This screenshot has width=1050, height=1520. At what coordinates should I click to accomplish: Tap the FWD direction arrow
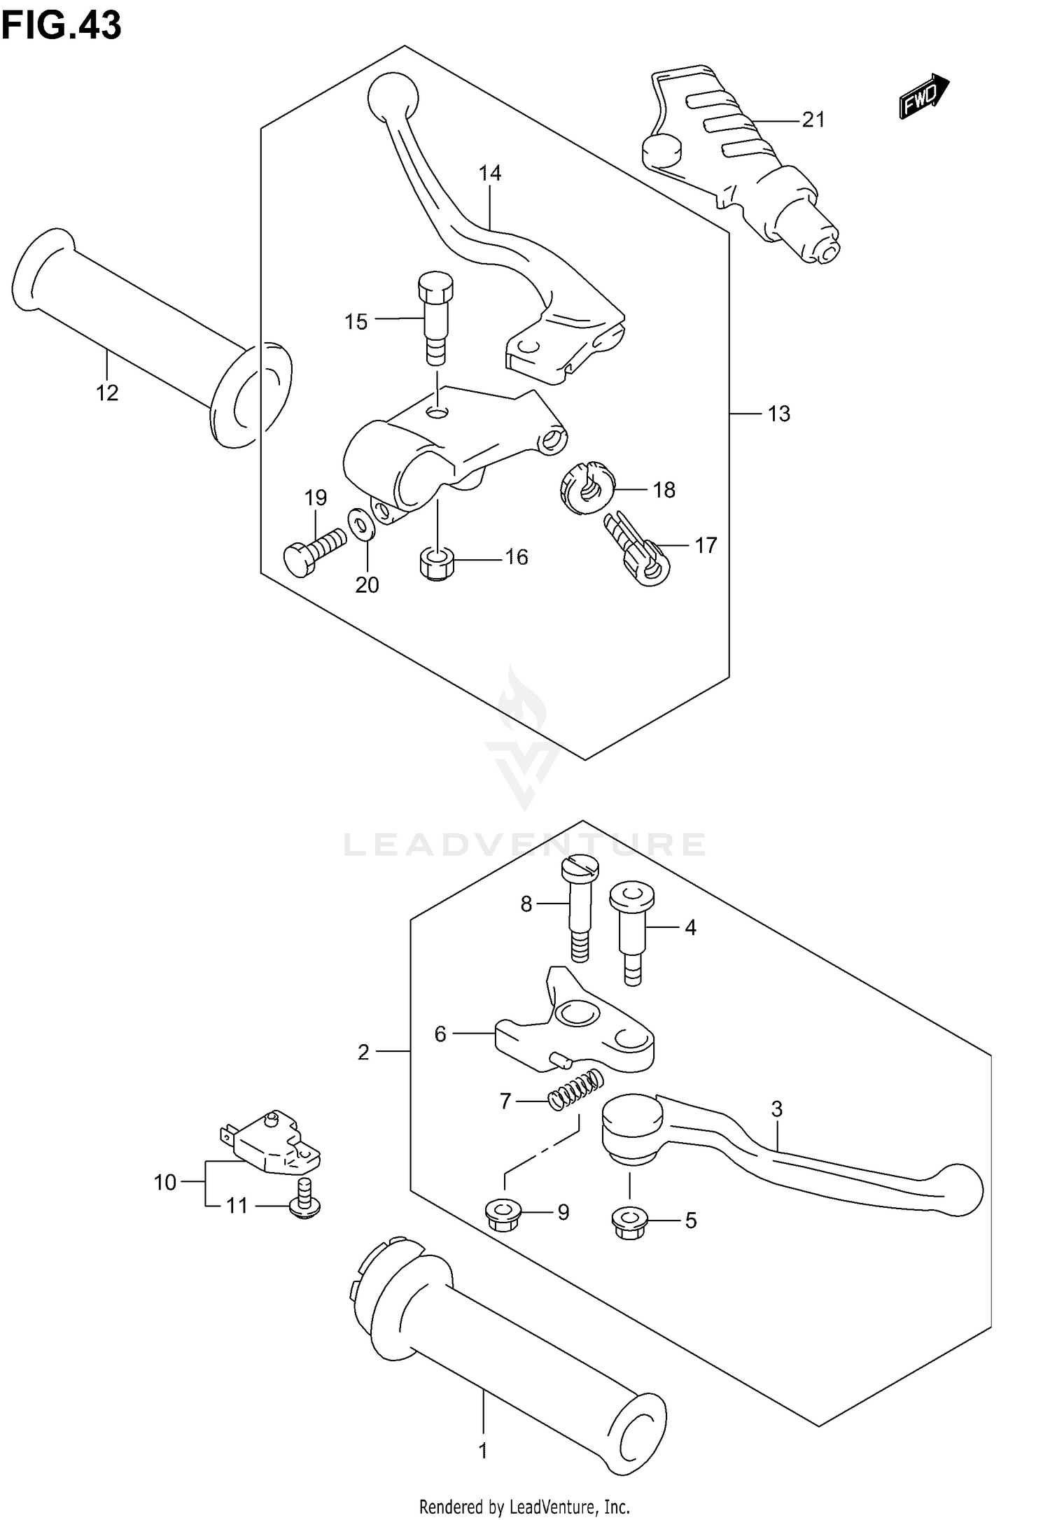coord(923,97)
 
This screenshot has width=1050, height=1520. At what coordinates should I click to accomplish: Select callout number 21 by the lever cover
coord(813,120)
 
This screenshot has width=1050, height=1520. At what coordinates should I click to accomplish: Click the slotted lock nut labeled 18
coord(587,487)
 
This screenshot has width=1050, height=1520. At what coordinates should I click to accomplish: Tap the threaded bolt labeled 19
coord(313,551)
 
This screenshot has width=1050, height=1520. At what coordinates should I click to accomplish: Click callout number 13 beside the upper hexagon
coord(778,414)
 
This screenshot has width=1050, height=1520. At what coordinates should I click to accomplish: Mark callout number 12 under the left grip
coord(107,393)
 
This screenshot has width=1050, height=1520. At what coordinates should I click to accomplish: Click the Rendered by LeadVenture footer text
coord(524,1506)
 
